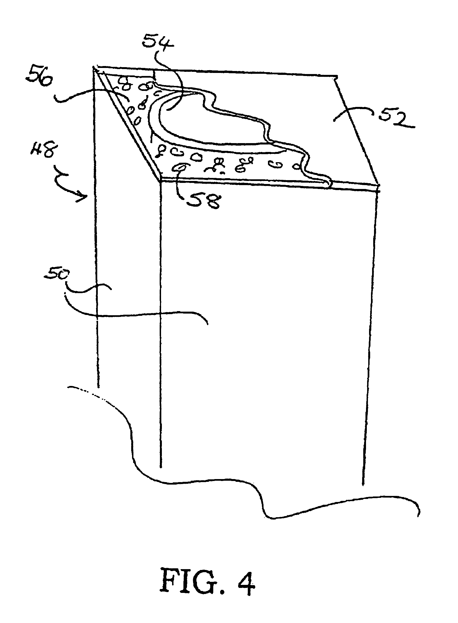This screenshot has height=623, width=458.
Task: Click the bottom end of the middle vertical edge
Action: pos(161,467)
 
